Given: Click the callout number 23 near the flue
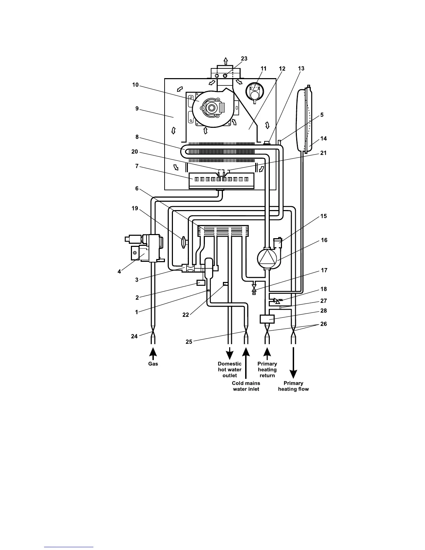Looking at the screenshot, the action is pos(244,59).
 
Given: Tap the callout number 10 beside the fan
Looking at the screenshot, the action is pos(135,85).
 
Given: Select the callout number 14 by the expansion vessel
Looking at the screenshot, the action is pos(323,139).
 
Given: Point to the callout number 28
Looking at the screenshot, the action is pos(323,311).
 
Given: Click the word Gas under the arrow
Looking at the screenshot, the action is pos(153,364).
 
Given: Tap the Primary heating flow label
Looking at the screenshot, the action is pos(293,386).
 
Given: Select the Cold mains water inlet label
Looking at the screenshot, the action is pos(246,386).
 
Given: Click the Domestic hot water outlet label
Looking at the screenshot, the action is pos(230,369).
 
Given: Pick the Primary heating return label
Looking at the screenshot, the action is pos(267,369).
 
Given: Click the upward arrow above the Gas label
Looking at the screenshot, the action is pos(153,352).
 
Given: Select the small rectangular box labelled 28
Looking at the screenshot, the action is pos(267,318).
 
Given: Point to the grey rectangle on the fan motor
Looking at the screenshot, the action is pos(222,108).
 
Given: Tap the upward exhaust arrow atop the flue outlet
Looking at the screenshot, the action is pos(226,61).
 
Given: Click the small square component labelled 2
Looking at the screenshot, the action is pos(201,283).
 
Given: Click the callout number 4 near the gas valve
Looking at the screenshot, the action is pos(119,272).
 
